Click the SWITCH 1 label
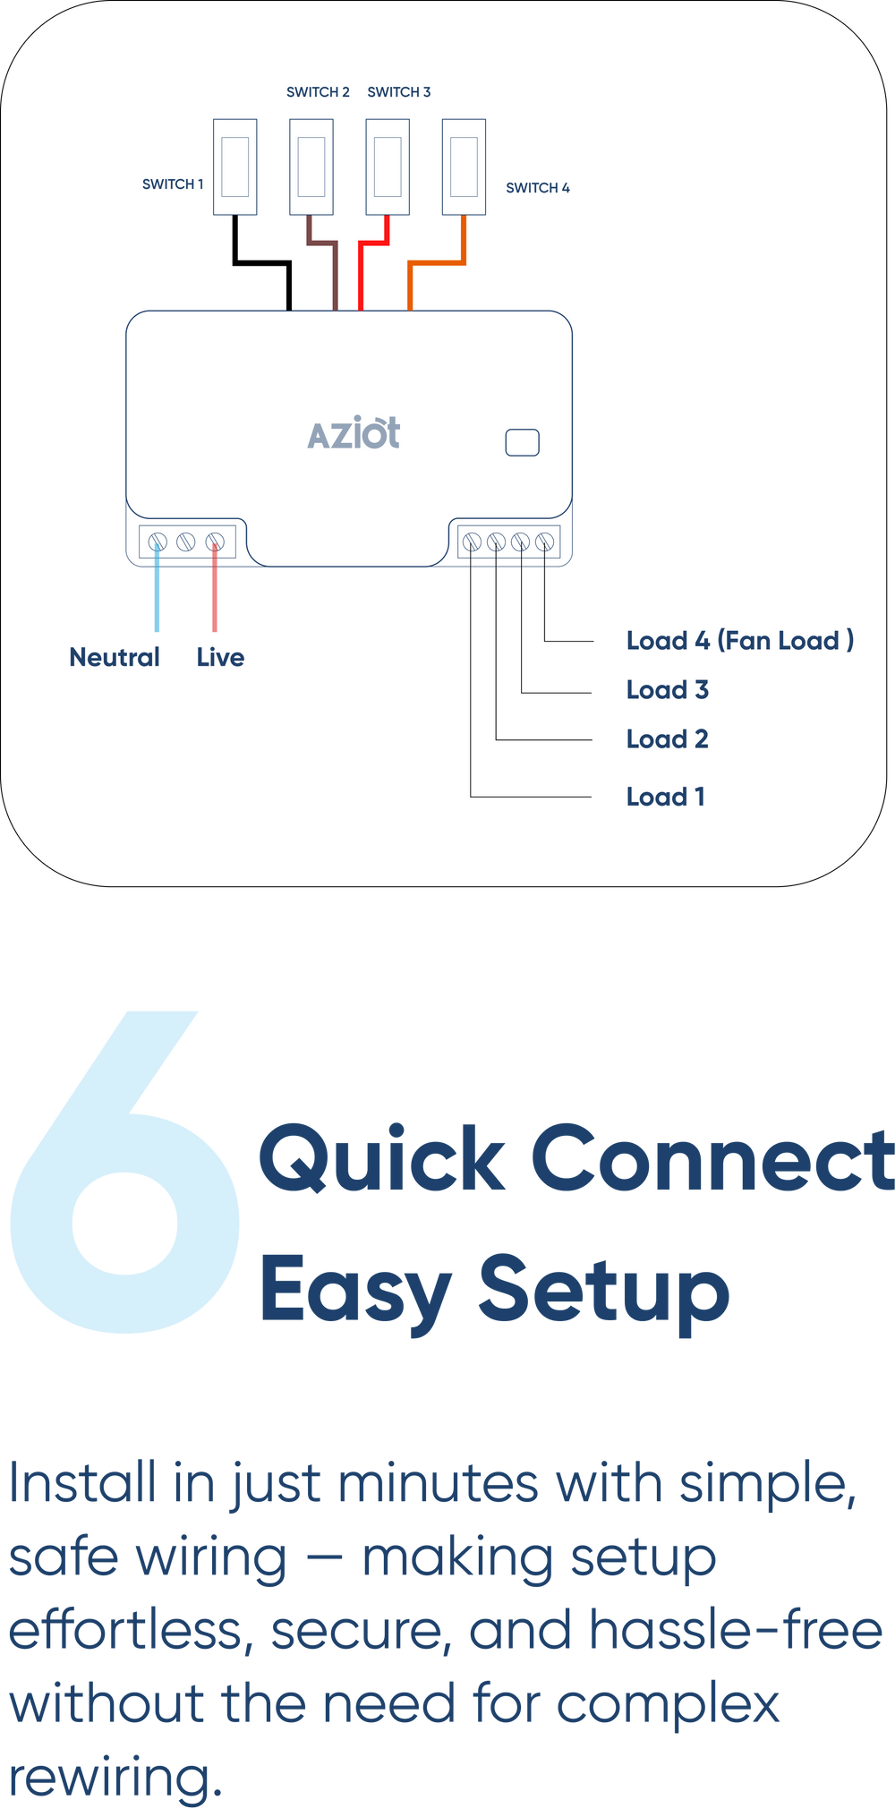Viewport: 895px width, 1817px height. click(173, 184)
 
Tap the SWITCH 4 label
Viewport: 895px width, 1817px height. click(537, 188)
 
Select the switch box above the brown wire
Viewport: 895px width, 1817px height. click(311, 166)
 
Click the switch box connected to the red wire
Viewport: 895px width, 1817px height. click(388, 166)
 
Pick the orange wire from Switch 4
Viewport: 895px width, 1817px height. click(437, 262)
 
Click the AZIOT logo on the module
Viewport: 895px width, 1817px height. click(354, 434)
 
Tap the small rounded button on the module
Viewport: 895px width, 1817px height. click(522, 442)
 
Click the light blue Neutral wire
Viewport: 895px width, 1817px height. click(158, 591)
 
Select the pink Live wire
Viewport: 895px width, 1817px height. click(215, 591)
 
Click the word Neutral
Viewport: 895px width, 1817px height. click(115, 658)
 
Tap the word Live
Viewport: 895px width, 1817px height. click(220, 658)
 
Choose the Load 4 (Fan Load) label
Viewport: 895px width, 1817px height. click(739, 641)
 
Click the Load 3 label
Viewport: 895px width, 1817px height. click(667, 690)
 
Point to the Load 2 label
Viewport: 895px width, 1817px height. click(667, 739)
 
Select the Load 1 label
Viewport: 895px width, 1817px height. click(665, 797)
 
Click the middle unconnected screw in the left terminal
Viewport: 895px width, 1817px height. click(186, 542)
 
